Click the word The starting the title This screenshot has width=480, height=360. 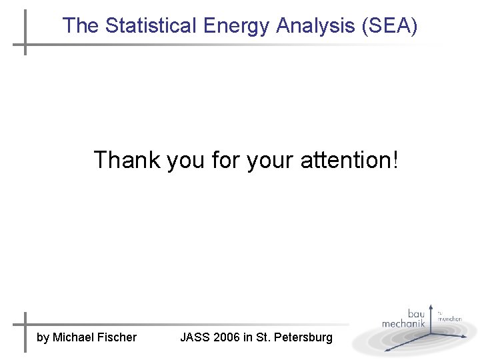click(x=80, y=26)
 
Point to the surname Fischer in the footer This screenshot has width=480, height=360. click(x=117, y=337)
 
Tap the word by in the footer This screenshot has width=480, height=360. click(x=43, y=338)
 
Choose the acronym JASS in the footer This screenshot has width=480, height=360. click(x=195, y=337)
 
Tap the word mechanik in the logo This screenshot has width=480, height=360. click(x=403, y=323)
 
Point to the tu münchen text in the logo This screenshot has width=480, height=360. click(x=449, y=316)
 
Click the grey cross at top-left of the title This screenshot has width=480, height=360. click(x=25, y=45)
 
